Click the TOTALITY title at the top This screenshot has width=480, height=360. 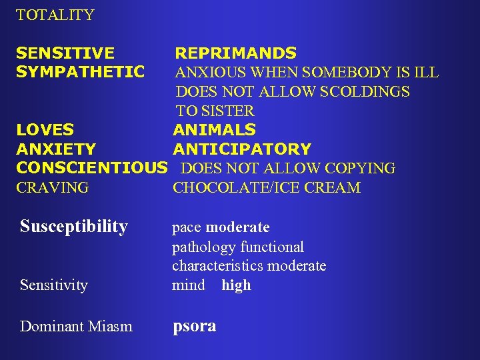coord(55,15)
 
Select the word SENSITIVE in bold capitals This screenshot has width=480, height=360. coord(65,53)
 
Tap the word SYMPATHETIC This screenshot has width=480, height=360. coord(81,72)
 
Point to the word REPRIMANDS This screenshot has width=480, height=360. coord(235,53)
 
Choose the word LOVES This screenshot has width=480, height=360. coord(45,129)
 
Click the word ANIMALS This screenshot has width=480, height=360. coord(214,129)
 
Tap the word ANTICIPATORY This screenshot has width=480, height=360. coord(242,149)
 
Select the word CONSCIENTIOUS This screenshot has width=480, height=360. coord(91,168)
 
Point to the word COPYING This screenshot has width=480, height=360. coord(364,169)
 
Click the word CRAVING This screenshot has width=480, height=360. coord(53,188)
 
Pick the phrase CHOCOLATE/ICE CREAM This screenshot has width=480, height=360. coord(267,188)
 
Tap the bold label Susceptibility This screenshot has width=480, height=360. coord(74,227)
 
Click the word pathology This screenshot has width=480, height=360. coord(204,247)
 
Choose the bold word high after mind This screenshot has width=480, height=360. coord(236,285)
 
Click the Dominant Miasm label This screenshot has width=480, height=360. coord(76,327)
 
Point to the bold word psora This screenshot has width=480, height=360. coord(195,327)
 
